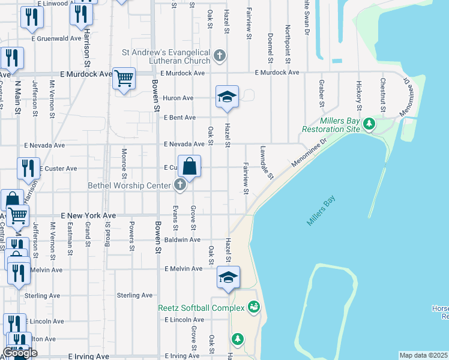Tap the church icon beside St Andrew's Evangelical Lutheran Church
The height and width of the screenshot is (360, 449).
coord(220,57)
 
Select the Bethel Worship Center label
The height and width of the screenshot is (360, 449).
coord(130,185)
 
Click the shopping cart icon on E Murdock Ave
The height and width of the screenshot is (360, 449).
coord(124,79)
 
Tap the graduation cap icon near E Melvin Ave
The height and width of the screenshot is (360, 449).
coord(228,277)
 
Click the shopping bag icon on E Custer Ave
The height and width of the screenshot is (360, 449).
coord(189,166)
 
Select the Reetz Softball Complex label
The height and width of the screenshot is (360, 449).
coord(201,308)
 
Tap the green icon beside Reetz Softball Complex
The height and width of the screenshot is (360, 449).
coord(254,308)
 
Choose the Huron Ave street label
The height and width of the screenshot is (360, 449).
coord(178,98)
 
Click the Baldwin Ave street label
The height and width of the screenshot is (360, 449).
coord(186,239)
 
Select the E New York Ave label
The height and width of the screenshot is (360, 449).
coord(88,215)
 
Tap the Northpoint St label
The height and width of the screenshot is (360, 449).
coord(288,45)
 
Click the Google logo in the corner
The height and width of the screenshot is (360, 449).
coord(20,353)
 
